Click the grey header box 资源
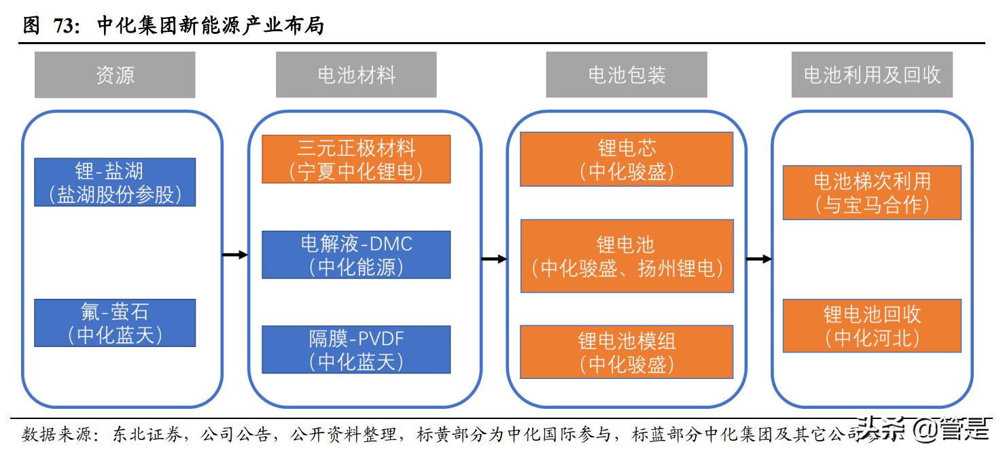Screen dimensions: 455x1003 [x=115, y=75]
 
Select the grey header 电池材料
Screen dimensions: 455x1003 [x=356, y=75]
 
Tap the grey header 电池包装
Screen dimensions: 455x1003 [x=626, y=75]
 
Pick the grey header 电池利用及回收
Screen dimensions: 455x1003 [x=872, y=75]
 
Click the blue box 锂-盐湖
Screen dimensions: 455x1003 [x=115, y=182]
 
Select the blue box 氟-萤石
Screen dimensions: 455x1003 [x=115, y=323]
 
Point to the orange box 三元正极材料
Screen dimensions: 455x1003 [x=356, y=159]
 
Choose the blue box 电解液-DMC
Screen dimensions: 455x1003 [x=356, y=255]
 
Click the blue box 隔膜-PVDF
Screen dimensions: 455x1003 [x=356, y=349]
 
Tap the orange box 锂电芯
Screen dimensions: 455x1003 [x=626, y=159]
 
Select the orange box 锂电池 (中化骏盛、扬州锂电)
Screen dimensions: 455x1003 [x=626, y=256]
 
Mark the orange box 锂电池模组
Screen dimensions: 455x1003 [x=626, y=352]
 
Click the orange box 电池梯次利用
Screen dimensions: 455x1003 [x=872, y=192]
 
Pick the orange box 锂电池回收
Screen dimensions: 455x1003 [x=872, y=325]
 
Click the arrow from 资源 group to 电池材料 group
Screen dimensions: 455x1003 [x=235, y=255]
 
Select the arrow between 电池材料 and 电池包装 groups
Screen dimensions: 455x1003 [x=494, y=259]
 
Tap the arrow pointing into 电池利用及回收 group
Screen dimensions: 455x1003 [x=758, y=259]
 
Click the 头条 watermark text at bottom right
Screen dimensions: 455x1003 [x=881, y=430]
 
